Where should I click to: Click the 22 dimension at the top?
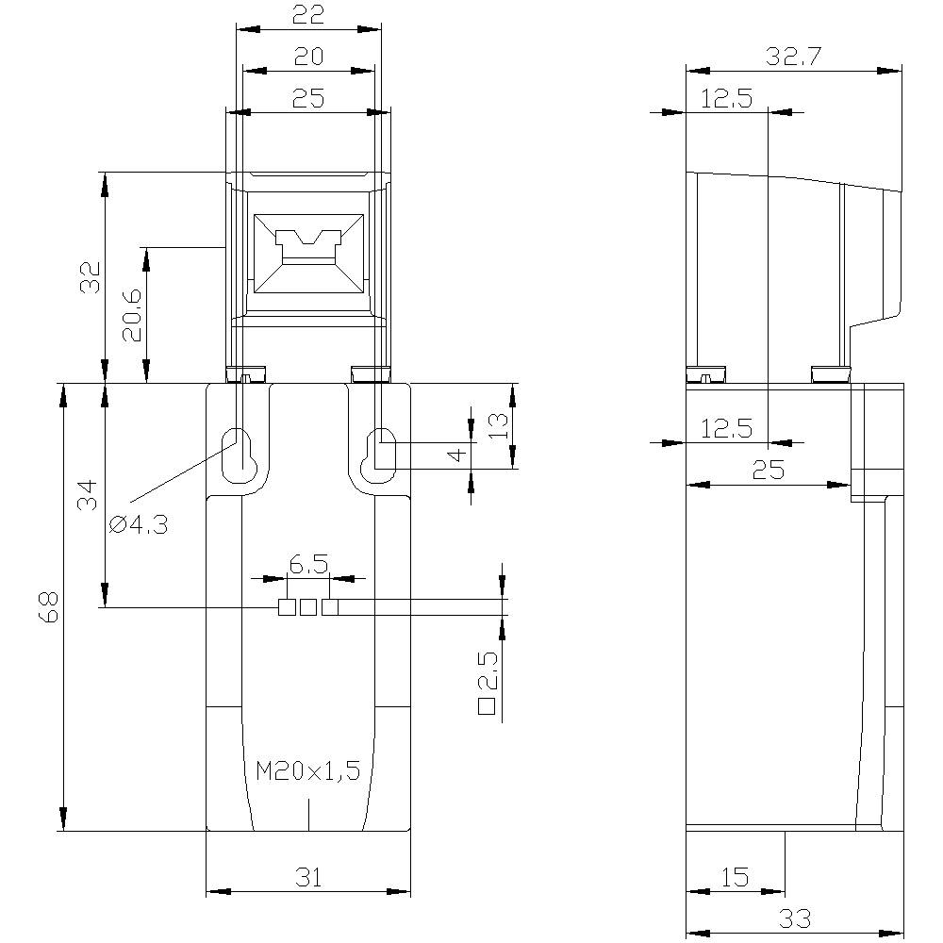(x=308, y=14)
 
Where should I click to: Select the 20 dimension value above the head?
(x=308, y=57)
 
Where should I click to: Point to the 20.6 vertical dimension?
(x=131, y=315)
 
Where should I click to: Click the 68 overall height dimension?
(x=50, y=607)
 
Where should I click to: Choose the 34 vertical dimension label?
(x=88, y=494)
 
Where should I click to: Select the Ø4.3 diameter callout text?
(x=139, y=525)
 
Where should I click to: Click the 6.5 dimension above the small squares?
(x=308, y=565)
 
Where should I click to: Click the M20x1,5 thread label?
(x=308, y=771)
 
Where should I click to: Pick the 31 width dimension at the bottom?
(x=308, y=878)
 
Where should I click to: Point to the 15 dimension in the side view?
(x=735, y=878)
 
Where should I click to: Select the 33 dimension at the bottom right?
(x=794, y=918)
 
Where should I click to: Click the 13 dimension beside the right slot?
(x=500, y=425)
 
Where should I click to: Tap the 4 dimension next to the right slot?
(x=457, y=455)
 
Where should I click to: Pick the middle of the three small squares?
(x=308, y=607)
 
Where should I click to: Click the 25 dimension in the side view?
(x=769, y=470)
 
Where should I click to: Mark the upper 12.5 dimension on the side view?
(x=726, y=98)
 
